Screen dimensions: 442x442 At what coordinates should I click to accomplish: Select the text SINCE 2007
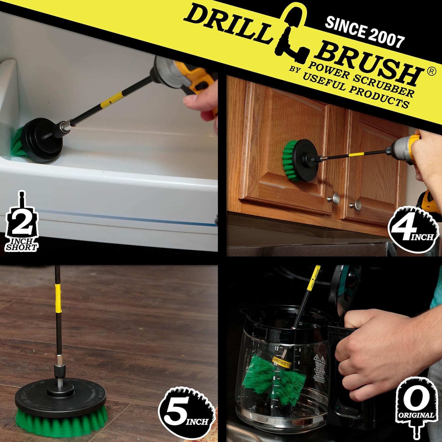pos(365,32)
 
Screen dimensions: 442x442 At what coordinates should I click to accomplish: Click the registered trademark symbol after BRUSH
pos(431,72)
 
